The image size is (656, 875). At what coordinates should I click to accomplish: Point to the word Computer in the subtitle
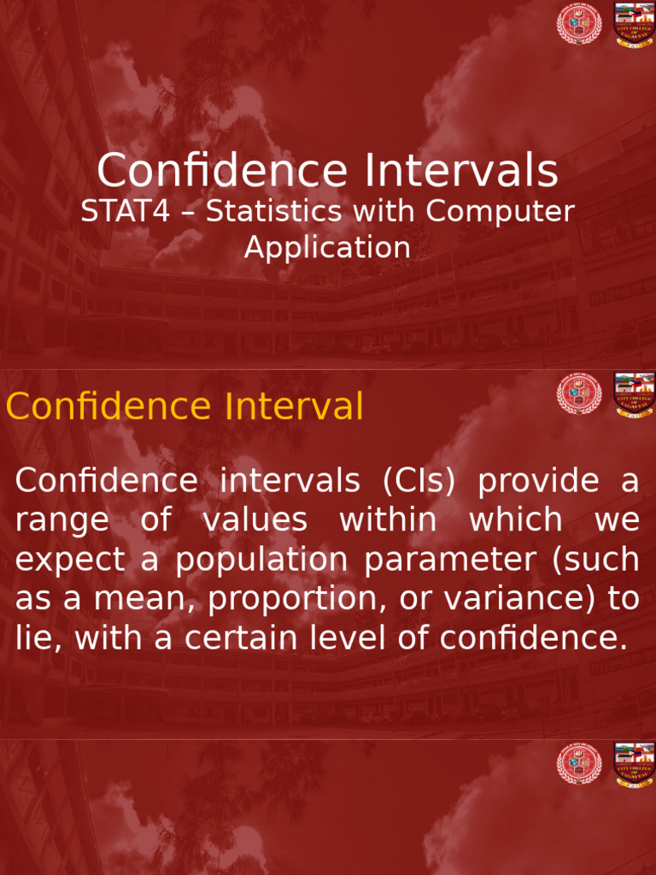tap(501, 212)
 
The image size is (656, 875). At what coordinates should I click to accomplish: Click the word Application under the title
tap(327, 248)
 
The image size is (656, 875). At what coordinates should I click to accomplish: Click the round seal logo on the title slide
tap(579, 25)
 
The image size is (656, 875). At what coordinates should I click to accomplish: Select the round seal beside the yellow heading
tap(579, 394)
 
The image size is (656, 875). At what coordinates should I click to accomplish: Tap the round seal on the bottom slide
tap(579, 764)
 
